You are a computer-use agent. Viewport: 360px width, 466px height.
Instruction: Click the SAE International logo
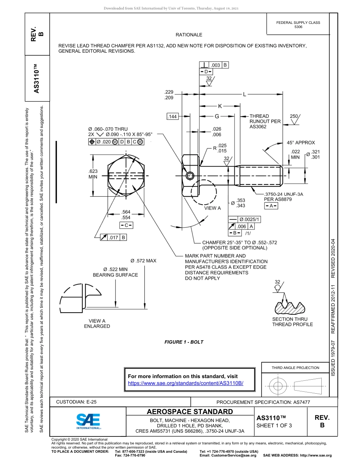88,421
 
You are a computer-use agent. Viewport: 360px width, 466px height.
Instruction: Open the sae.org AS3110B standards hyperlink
186,383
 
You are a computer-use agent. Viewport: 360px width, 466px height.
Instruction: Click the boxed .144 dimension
172,117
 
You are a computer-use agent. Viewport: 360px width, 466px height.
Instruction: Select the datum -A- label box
271,206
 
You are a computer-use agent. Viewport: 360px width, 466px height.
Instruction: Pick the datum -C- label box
126,225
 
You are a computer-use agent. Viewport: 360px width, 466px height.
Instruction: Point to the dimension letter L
244,94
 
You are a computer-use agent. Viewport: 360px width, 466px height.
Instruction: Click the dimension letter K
220,106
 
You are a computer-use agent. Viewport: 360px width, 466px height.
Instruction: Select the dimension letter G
217,117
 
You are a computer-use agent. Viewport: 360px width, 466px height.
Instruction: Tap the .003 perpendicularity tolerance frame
214,65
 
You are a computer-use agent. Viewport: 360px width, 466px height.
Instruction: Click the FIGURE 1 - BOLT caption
184,342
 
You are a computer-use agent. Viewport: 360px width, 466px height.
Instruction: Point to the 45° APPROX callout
301,143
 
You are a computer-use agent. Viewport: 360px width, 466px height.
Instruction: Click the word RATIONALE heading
189,35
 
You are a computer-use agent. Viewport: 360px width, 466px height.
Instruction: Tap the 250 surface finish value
294,116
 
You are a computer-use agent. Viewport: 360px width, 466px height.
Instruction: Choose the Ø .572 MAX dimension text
143,261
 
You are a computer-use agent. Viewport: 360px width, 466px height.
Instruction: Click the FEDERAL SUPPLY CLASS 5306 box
298,25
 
